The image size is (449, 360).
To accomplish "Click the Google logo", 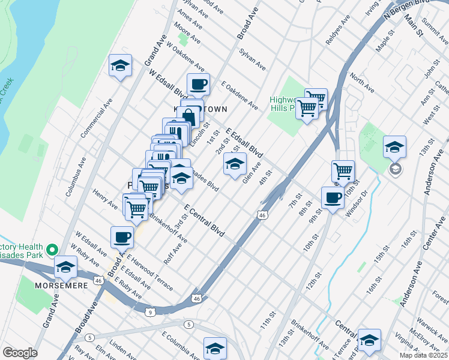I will (19, 353).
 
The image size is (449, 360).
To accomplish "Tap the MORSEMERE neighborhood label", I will (61, 285).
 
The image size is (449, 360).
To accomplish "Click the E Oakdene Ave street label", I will (240, 95).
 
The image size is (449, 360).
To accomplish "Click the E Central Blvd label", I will (204, 220).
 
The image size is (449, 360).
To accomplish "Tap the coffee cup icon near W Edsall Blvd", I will (198, 84).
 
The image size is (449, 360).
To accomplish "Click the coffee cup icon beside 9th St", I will (332, 197).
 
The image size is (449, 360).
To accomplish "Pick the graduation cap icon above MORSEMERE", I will (65, 267).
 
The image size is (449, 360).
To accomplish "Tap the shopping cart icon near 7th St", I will (343, 171).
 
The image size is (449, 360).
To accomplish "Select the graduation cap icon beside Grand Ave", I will (120, 65).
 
